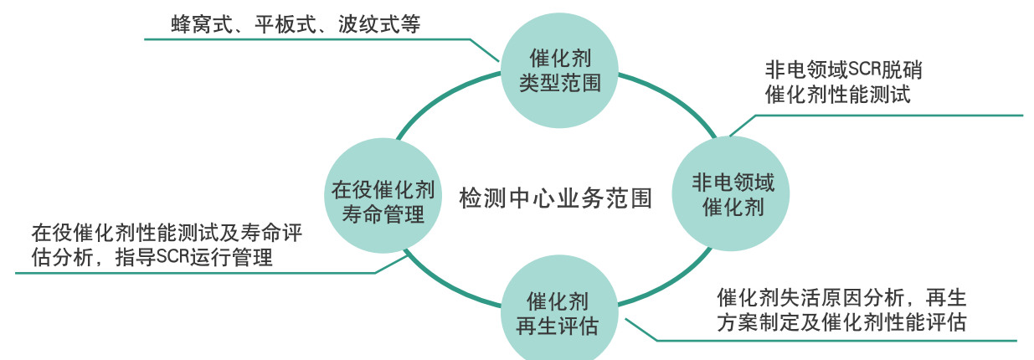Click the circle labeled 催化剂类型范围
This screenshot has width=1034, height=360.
560,70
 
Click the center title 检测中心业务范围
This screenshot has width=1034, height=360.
555,198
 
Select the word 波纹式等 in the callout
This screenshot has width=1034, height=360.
378,25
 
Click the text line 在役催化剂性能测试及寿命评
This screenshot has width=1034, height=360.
167,233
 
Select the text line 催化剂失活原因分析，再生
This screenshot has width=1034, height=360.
841,298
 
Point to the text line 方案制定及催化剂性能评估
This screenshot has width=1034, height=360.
841,323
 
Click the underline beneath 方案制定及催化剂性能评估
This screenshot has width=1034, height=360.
837,341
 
